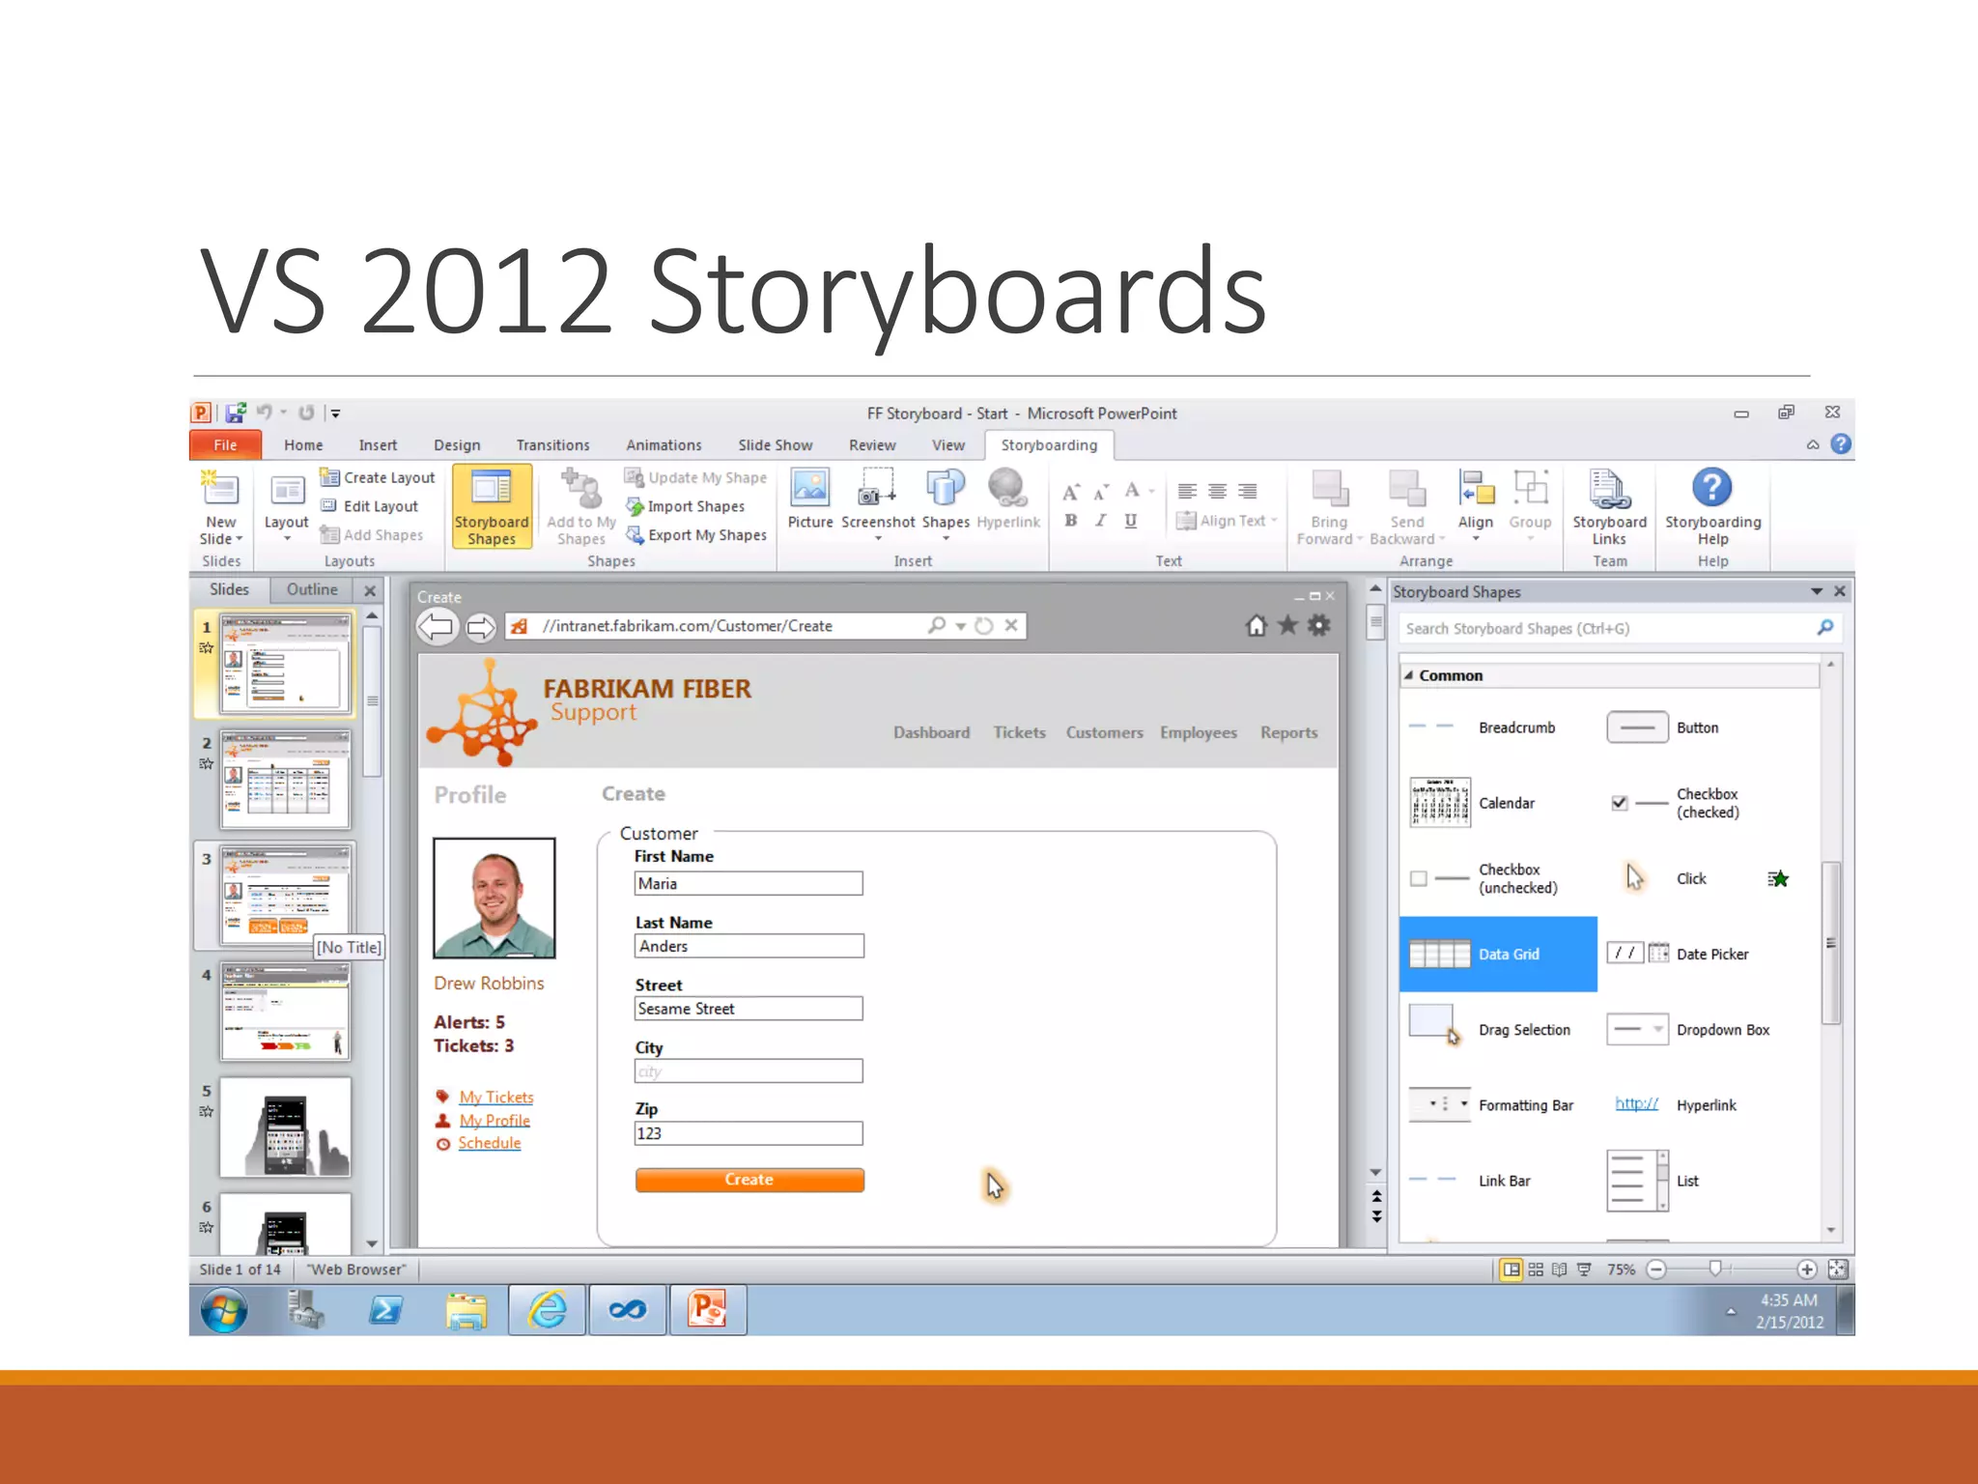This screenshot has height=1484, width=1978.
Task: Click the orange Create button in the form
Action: point(749,1180)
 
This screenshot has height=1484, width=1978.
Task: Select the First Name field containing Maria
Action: point(749,883)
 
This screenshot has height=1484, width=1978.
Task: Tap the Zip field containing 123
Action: point(749,1133)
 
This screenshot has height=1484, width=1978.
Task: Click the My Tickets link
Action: point(496,1097)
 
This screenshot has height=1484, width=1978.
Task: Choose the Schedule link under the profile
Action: point(489,1143)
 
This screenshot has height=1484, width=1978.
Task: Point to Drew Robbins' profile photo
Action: point(494,898)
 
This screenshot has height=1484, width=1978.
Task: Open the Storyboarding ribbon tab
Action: point(1049,445)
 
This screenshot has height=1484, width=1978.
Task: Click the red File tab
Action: point(225,445)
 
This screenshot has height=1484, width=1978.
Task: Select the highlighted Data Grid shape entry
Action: point(1498,955)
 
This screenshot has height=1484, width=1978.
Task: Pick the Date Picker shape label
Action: point(1712,955)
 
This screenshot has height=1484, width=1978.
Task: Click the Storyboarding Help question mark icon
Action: point(1712,488)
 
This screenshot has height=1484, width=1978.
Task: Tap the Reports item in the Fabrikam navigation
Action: point(1288,732)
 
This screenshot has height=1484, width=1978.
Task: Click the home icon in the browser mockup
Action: point(1256,626)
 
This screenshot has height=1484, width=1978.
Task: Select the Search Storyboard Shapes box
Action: point(1608,629)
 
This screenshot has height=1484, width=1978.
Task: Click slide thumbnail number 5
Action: point(285,1127)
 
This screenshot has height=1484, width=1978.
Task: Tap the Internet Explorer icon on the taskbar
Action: point(548,1310)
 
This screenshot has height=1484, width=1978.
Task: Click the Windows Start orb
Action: point(224,1311)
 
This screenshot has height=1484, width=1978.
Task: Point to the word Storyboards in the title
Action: point(957,292)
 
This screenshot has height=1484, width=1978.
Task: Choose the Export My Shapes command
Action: point(707,535)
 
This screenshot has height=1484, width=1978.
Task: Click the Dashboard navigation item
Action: point(931,732)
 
